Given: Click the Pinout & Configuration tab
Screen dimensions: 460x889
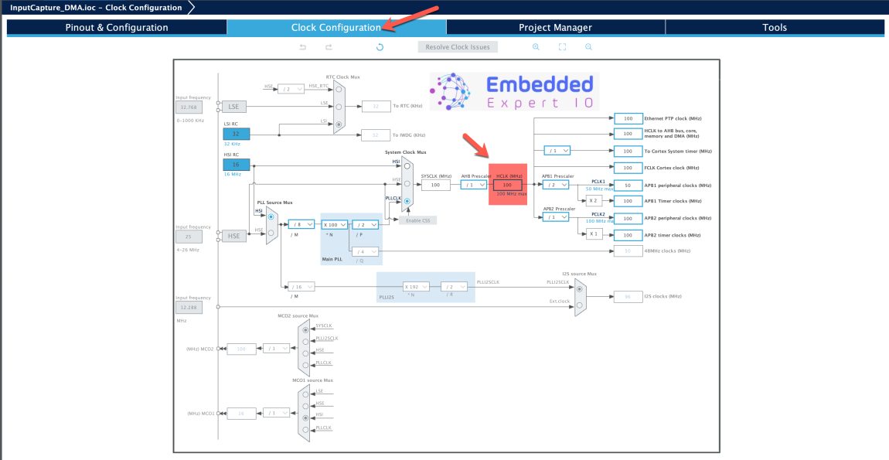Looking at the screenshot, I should tap(116, 27).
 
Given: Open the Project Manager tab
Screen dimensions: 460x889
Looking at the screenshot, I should tap(555, 27).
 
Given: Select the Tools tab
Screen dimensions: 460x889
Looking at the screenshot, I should tap(774, 27).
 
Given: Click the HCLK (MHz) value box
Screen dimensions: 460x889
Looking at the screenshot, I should tap(507, 185).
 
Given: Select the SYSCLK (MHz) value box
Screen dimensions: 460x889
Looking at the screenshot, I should tap(435, 185).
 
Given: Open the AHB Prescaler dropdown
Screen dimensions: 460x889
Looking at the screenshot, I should tap(473, 185).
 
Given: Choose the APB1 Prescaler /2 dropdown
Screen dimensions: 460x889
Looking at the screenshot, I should tap(555, 185).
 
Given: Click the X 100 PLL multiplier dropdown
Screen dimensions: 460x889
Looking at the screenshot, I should tap(334, 224).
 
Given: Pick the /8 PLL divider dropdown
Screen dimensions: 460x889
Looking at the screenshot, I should tap(300, 224).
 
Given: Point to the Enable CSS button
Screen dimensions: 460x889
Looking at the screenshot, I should tap(417, 220).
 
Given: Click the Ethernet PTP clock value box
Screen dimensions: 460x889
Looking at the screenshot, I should tap(628, 118).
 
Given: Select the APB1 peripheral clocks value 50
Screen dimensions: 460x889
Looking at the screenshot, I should tap(628, 186).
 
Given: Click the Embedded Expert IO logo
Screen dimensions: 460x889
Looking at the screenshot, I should tap(514, 91).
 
